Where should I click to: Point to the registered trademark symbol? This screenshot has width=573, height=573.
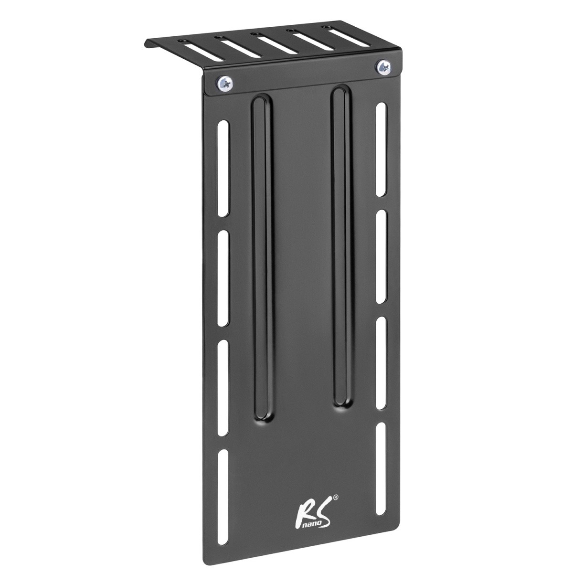(335, 498)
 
